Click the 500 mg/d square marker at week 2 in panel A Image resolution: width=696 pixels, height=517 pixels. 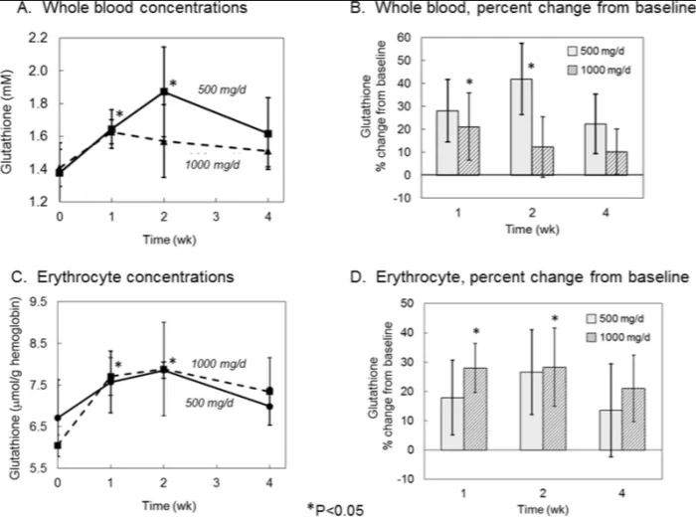coord(164,91)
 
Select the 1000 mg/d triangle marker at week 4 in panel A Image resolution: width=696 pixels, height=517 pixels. coord(268,151)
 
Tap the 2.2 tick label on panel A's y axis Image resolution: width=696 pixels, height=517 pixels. coord(38,38)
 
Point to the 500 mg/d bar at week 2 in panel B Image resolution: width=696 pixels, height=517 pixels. coord(521,127)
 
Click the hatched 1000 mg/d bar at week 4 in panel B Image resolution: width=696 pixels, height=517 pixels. coord(616,163)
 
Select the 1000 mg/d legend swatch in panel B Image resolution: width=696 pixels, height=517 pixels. coord(573,71)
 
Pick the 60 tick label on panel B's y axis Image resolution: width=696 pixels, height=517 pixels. coord(404,37)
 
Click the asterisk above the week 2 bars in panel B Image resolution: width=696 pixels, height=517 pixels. coord(531,67)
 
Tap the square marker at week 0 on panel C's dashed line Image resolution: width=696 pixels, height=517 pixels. coord(58,445)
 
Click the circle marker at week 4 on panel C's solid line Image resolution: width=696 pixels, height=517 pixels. coord(269,406)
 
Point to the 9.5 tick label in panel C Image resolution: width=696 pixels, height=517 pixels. coord(38,302)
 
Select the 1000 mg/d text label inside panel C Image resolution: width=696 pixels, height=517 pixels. coord(218,364)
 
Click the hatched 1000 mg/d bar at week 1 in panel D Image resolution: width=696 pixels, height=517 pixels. coord(475,409)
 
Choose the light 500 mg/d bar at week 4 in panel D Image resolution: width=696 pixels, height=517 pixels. coord(610,431)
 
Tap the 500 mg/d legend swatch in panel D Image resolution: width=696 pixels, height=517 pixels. coord(592,318)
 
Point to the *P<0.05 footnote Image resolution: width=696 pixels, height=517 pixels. coord(336,509)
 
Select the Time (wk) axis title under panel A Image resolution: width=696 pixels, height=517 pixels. coord(169,240)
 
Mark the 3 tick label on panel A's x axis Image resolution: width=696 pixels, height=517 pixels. coord(216,217)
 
